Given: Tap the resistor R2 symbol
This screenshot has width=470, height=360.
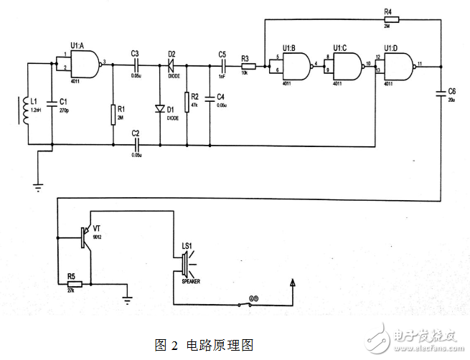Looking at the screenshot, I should (x=187, y=100).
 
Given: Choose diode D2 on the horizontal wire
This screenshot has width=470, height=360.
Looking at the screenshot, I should (x=171, y=65).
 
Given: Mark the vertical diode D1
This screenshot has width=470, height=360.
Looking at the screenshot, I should (x=160, y=109).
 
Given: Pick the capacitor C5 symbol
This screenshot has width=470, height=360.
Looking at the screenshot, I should (x=222, y=65).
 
